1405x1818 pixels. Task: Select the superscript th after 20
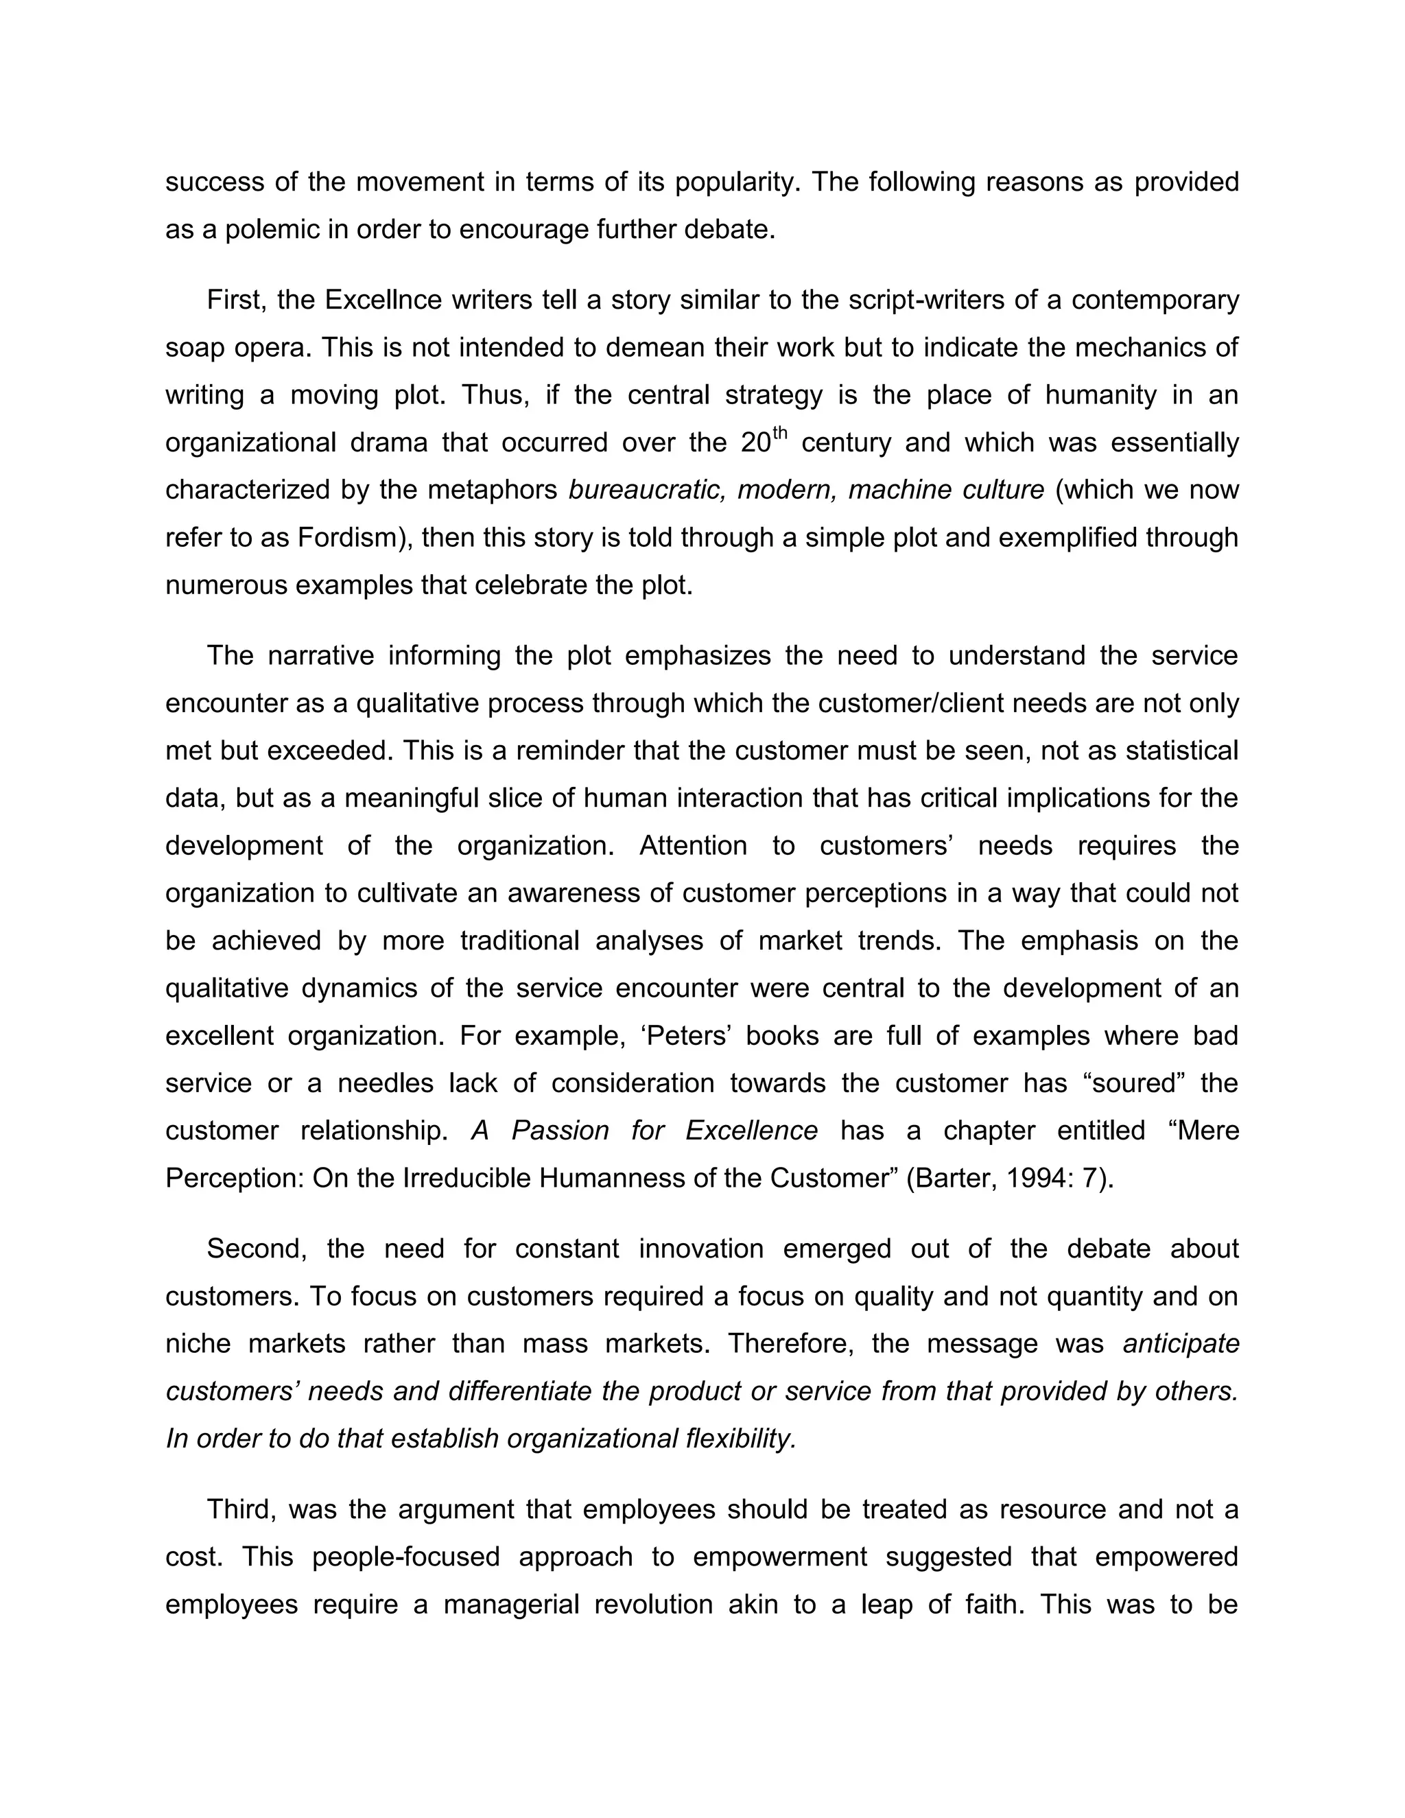pos(779,432)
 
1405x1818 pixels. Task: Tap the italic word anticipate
pos(1180,1343)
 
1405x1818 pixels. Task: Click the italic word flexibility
pos(741,1439)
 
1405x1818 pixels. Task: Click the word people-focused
pos(406,1557)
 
